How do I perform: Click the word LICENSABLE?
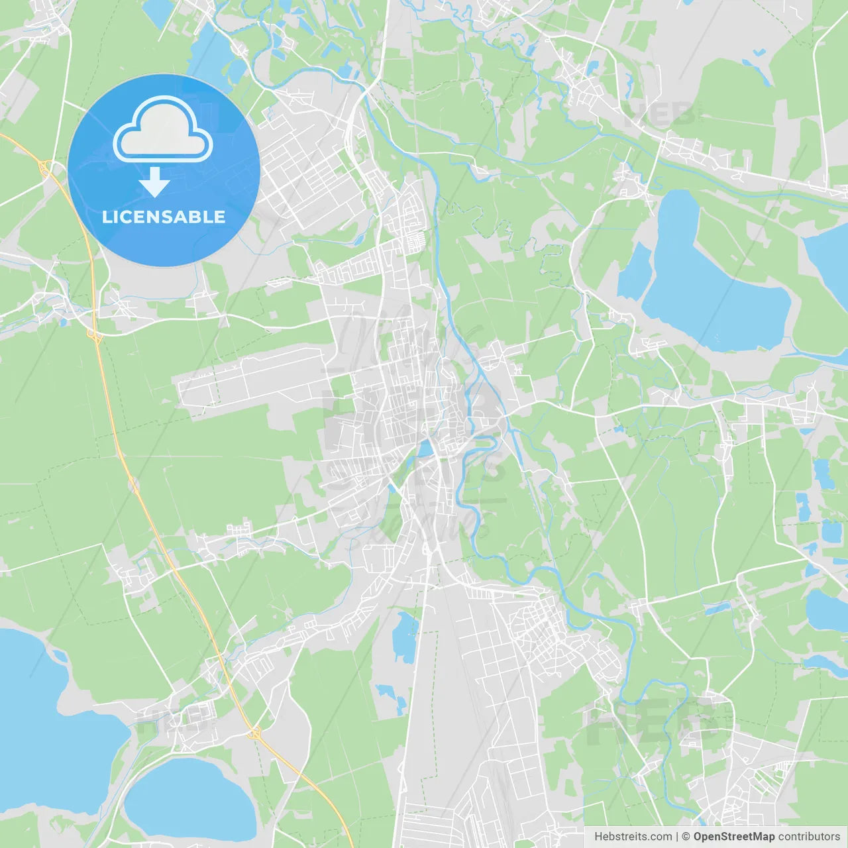[164, 217]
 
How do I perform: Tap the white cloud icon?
[163, 131]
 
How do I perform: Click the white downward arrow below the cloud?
[155, 182]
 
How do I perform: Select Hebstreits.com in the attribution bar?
[633, 837]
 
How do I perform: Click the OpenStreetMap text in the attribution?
[733, 837]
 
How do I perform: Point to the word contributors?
[809, 837]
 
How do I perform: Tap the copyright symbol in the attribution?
[686, 837]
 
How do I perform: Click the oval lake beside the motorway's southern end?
[189, 798]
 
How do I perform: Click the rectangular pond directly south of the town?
[404, 636]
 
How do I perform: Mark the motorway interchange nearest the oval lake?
[254, 733]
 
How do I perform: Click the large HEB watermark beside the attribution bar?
[653, 722]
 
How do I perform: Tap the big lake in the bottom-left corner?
[46, 722]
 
